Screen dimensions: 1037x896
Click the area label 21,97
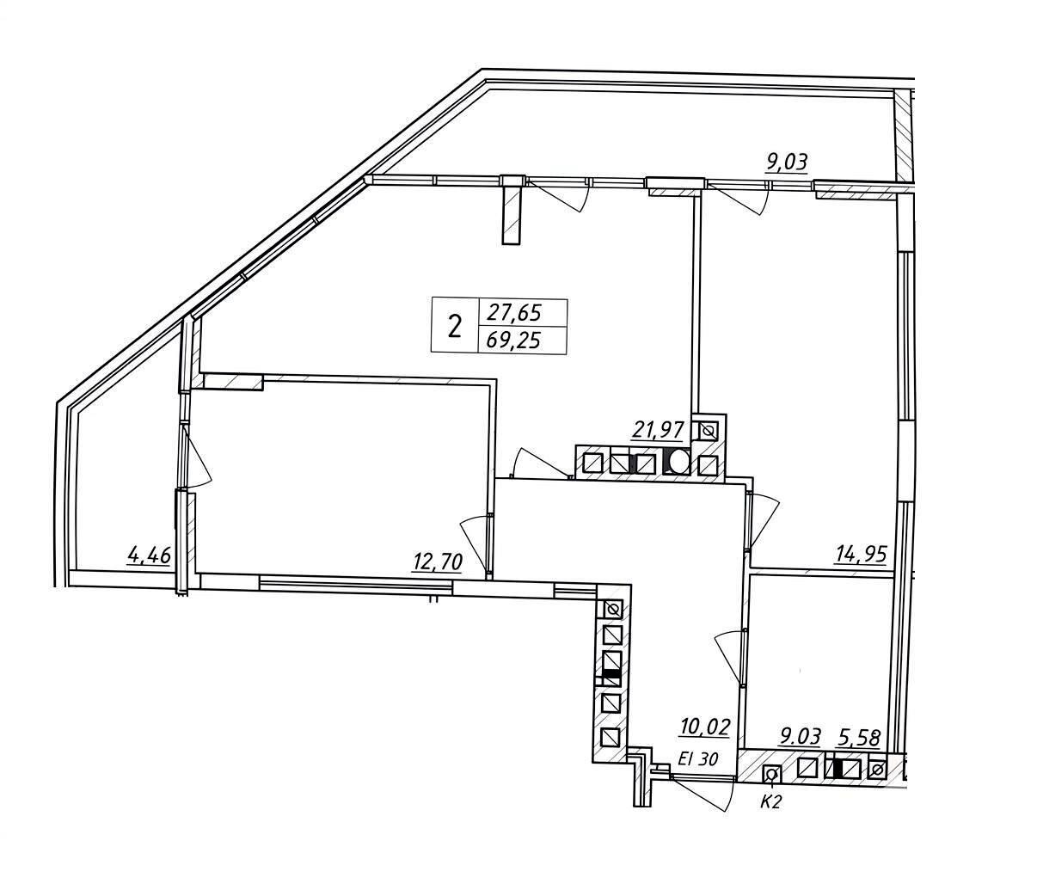660,431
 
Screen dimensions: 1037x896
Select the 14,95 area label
862,555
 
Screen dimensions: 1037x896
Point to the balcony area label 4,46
150,555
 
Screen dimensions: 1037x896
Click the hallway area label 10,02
704,727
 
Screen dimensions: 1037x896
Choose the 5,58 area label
860,738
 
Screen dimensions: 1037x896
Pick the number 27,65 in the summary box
514,313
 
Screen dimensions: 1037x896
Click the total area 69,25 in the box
513,341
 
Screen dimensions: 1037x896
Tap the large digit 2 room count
455,327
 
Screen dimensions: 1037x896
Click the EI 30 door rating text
698,759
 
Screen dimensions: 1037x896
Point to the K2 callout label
770,802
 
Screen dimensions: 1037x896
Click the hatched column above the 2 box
512,210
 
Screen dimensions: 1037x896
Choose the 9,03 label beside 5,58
801,737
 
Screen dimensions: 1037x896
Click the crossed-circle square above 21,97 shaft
709,430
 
